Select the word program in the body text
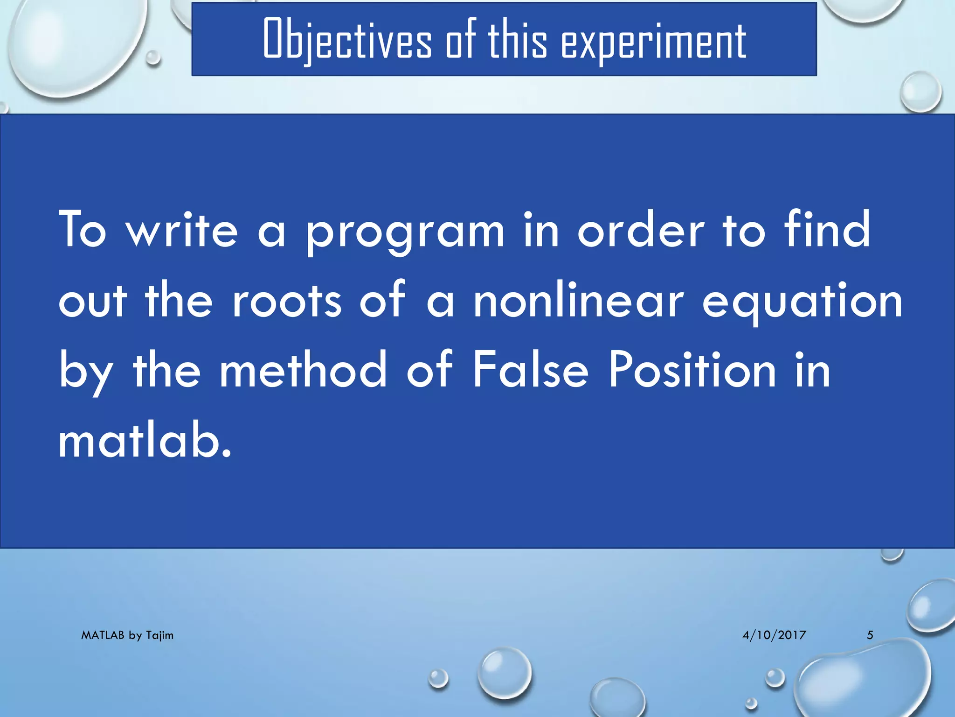405,231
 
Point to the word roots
287,301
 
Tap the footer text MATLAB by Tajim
127,635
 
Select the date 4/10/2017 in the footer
774,635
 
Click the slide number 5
870,635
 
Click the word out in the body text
93,302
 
